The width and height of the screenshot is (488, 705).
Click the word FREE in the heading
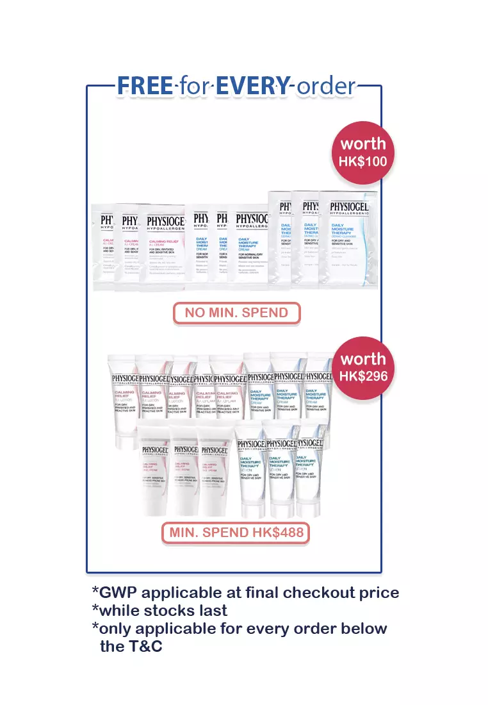tap(144, 86)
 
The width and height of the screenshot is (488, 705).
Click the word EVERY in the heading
tap(252, 86)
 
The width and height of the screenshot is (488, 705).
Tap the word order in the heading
tap(325, 86)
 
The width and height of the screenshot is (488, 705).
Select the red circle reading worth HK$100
tap(362, 152)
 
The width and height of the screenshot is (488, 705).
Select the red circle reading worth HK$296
tap(363, 367)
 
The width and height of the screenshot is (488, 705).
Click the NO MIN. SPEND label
tap(237, 313)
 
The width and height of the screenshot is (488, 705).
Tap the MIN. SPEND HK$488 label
tap(236, 532)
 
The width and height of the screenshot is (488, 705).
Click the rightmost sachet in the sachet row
tap(349, 240)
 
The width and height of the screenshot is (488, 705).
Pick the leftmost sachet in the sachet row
tap(104, 247)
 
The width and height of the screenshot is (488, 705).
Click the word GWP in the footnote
tap(122, 593)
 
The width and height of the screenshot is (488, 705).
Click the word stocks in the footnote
tap(173, 610)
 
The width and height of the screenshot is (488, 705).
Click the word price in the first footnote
tap(378, 593)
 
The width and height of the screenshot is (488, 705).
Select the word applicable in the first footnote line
tap(192, 593)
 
